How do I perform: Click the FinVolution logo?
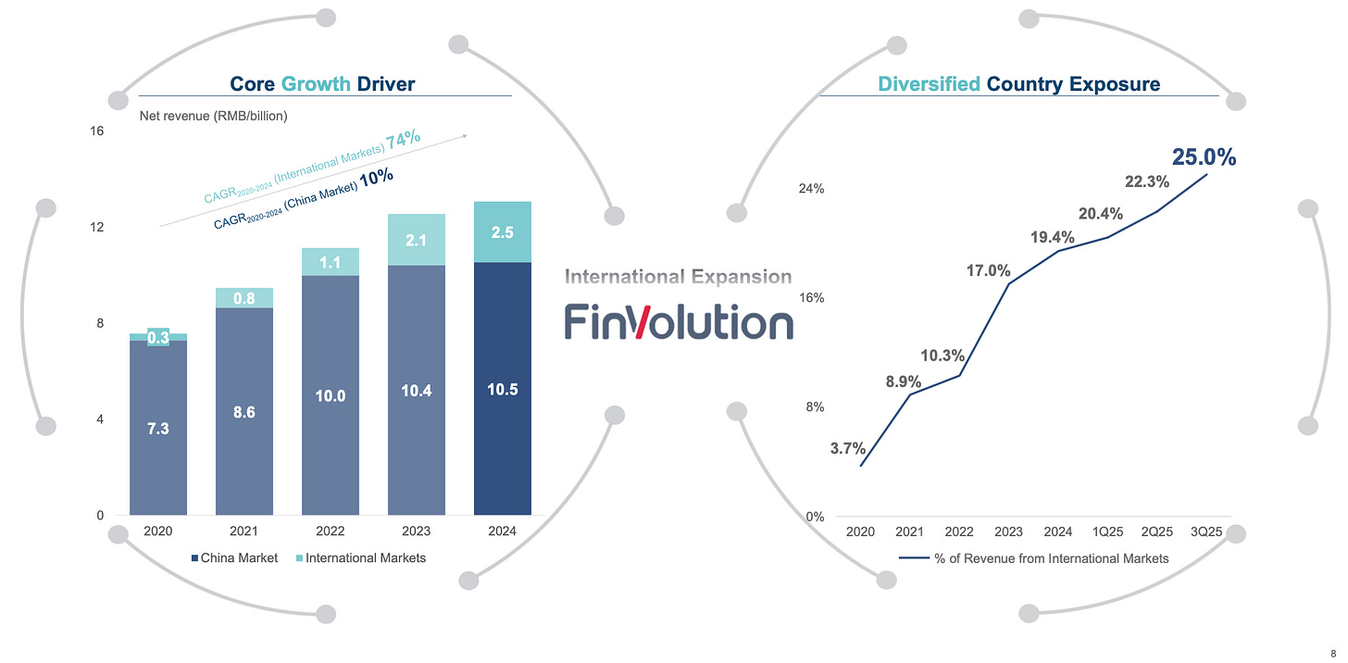coord(679,322)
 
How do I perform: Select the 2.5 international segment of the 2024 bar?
coord(503,232)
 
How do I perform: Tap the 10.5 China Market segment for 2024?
coord(503,390)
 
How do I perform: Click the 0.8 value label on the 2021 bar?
coord(244,298)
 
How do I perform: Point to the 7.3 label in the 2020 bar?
coord(158,429)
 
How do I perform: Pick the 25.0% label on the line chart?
coord(1204,157)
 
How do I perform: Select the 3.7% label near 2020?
coord(847,448)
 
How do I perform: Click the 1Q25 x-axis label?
coord(1108,532)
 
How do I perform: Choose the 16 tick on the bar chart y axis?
coord(96,131)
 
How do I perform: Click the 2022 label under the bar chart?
coord(331,532)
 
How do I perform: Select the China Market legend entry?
coord(234,557)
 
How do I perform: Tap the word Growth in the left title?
coord(316,84)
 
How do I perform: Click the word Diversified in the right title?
coord(929,84)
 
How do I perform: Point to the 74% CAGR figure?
coord(403,140)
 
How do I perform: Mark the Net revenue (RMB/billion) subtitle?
coord(213,117)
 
